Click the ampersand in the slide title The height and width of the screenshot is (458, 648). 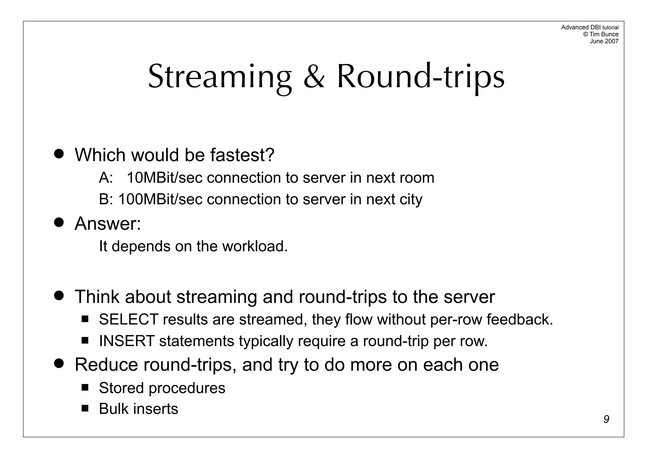pos(314,77)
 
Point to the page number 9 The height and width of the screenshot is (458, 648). pos(606,419)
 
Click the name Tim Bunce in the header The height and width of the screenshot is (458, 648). pos(604,34)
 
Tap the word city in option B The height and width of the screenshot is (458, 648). pos(411,199)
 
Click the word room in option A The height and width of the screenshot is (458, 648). pos(417,178)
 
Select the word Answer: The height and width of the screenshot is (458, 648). pos(108,224)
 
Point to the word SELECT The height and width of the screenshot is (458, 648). pos(128,319)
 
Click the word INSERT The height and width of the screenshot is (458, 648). pos(127,341)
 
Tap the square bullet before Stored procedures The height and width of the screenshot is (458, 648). pos(85,387)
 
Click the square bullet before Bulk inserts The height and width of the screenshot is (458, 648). pos(85,408)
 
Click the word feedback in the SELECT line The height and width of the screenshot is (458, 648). pos(519,319)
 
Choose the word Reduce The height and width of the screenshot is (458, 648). pos(106,364)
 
